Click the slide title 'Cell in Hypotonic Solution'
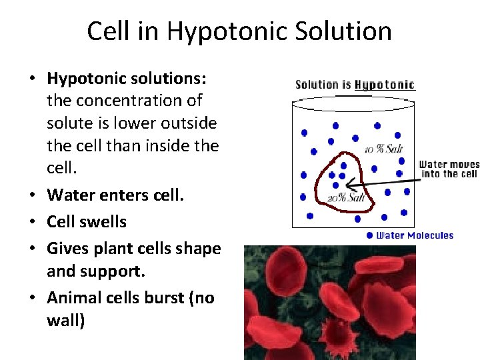239,31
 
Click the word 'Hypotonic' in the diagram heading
385,85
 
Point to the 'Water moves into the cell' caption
449,169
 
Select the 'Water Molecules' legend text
415,235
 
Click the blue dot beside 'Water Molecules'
370,235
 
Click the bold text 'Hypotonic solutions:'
127,78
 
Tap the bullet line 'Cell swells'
87,221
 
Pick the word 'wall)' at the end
66,321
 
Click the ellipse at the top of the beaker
354,103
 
